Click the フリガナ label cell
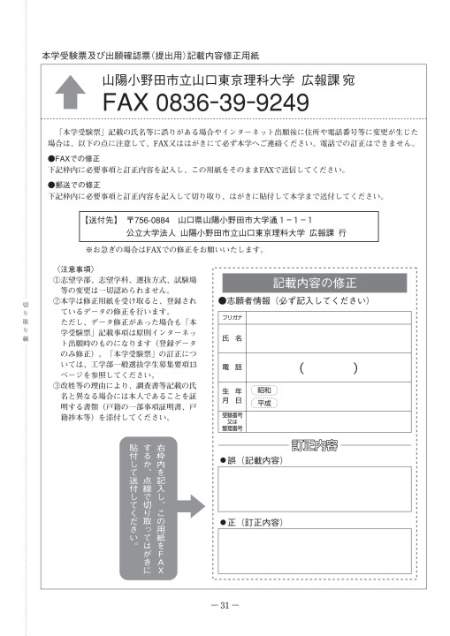tap(233, 315)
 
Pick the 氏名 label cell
tap(233, 337)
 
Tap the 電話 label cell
tap(233, 367)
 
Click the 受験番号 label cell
tap(233, 421)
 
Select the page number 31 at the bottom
tap(225, 605)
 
